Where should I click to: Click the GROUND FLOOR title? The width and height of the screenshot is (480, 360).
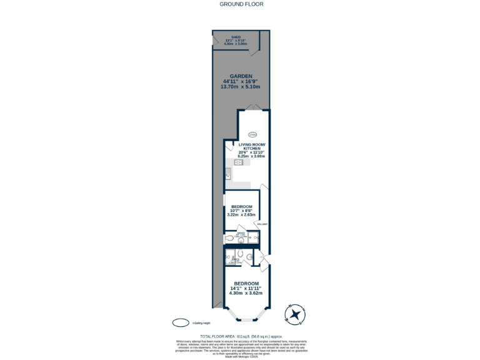(x=241, y=4)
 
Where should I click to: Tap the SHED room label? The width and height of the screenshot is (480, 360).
(x=236, y=37)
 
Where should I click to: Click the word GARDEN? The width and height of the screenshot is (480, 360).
(x=241, y=76)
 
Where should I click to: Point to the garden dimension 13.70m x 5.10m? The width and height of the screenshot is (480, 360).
(x=241, y=87)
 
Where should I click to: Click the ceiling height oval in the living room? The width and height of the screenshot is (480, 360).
(x=252, y=134)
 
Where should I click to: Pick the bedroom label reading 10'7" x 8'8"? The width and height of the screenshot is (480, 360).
(x=241, y=211)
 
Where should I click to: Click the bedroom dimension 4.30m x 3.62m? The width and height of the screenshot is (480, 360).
(x=246, y=292)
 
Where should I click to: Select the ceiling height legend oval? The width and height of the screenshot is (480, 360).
(x=181, y=322)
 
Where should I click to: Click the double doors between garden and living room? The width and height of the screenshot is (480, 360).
(x=252, y=109)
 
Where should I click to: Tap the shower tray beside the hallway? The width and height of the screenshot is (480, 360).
(x=252, y=238)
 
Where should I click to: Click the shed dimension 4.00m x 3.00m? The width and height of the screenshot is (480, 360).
(x=236, y=44)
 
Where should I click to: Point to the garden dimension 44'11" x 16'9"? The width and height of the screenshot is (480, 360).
(x=241, y=81)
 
